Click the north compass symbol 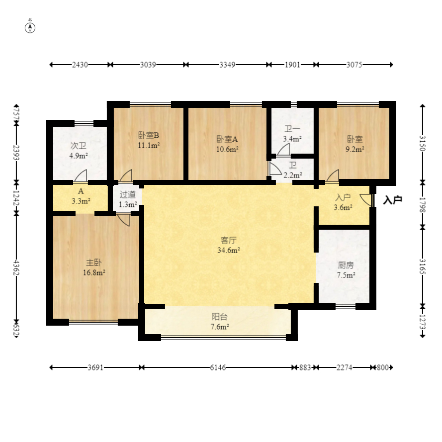[30, 28]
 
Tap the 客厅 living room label [228, 240]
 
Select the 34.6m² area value [229, 250]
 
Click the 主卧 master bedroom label [93, 263]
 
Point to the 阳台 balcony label [219, 317]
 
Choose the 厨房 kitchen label [346, 265]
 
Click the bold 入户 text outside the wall [393, 200]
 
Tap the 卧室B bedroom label [148, 135]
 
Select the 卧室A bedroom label [227, 139]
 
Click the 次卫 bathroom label [79, 146]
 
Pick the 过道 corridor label [127, 194]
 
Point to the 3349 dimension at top [227, 65]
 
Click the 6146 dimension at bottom [218, 367]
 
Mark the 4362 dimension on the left [16, 268]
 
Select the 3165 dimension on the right [422, 266]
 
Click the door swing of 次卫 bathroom [81, 176]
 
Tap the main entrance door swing [365, 199]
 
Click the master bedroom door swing [123, 220]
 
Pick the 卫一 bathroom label [292, 129]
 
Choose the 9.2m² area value [355, 149]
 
